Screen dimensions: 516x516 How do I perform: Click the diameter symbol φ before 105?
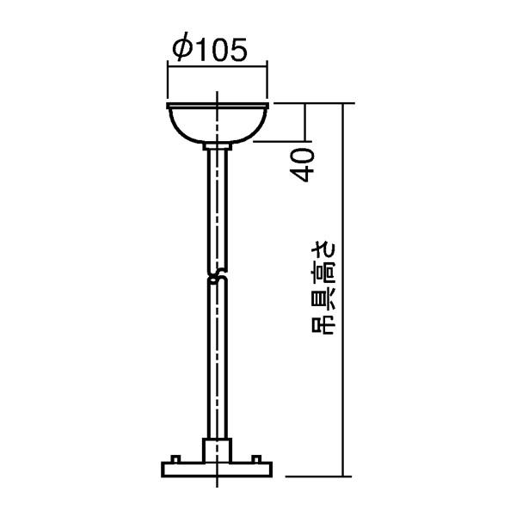tap(181, 49)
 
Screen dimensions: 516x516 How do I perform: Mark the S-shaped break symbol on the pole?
tap(218, 277)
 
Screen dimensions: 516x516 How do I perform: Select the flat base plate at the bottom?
tap(218, 470)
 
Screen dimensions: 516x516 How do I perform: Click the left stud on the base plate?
tap(175, 459)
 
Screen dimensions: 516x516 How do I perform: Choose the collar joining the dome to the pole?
tap(218, 148)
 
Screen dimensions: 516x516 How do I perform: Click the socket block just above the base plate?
tap(218, 450)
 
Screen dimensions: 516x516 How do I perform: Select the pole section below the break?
tap(218, 361)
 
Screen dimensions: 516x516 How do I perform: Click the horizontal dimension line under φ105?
tap(218, 64)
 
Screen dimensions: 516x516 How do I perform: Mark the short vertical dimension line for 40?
tap(304, 121)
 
